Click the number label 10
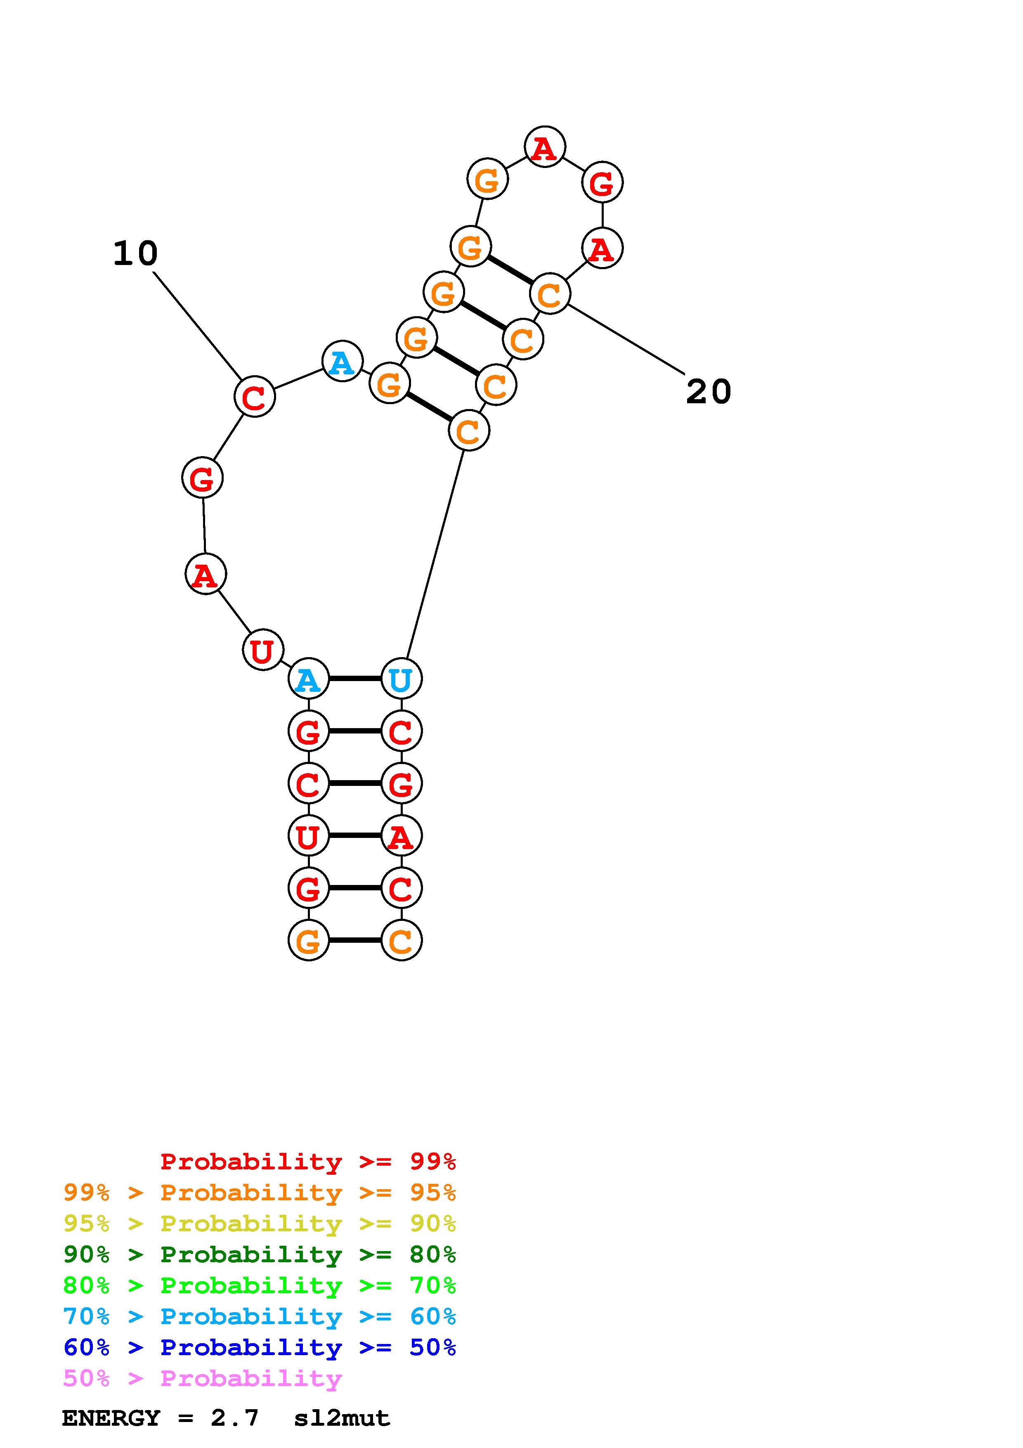pos(135,253)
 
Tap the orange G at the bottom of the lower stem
pos(308,940)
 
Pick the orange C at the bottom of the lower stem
pos(401,940)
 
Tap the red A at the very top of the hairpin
pos(545,148)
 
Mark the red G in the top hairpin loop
pos(602,183)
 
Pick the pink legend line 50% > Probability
pos(202,1379)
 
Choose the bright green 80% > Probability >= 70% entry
pos(259,1285)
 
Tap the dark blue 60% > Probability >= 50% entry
pos(259,1347)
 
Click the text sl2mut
pos(342,1418)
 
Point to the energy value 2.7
pos(234,1418)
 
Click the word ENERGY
pos(111,1418)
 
